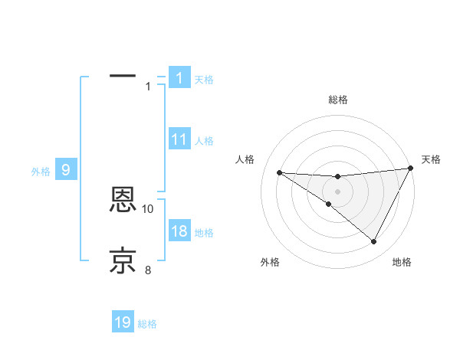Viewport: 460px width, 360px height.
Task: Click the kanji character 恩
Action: pyautogui.click(x=123, y=201)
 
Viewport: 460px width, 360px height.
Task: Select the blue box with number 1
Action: pyautogui.click(x=179, y=77)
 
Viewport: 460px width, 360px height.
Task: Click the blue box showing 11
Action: pyautogui.click(x=179, y=139)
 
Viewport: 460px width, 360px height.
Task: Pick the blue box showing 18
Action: pyautogui.click(x=179, y=232)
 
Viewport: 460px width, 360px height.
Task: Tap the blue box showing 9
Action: pyautogui.click(x=66, y=170)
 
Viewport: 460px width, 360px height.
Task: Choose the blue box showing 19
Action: pyautogui.click(x=123, y=322)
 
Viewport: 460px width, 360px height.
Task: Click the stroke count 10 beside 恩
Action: pyautogui.click(x=148, y=208)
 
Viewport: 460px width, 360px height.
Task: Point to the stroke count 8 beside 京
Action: pyautogui.click(x=148, y=270)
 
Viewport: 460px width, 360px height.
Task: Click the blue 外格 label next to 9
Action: pyautogui.click(x=41, y=172)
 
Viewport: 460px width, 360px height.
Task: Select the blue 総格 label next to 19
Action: pyautogui.click(x=147, y=324)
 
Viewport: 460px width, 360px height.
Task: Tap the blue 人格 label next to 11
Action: pyautogui.click(x=204, y=141)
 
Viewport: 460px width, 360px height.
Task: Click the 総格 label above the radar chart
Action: pyautogui.click(x=337, y=100)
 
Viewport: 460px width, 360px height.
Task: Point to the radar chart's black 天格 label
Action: pyautogui.click(x=431, y=159)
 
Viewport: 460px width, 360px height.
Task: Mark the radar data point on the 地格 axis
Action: pyautogui.click(x=374, y=242)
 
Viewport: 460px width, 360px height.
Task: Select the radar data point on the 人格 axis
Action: pyautogui.click(x=279, y=172)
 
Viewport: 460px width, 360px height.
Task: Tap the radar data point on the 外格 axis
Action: pyautogui.click(x=328, y=204)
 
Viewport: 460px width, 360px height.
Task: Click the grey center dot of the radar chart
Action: pyautogui.click(x=337, y=191)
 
